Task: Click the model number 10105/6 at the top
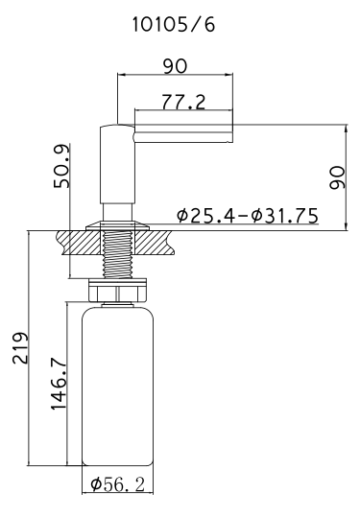(x=174, y=26)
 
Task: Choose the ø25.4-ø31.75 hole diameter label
(x=247, y=216)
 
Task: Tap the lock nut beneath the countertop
(x=116, y=287)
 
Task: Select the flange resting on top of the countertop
(x=116, y=224)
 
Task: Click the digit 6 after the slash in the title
(x=209, y=26)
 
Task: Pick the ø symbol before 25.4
(x=182, y=216)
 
